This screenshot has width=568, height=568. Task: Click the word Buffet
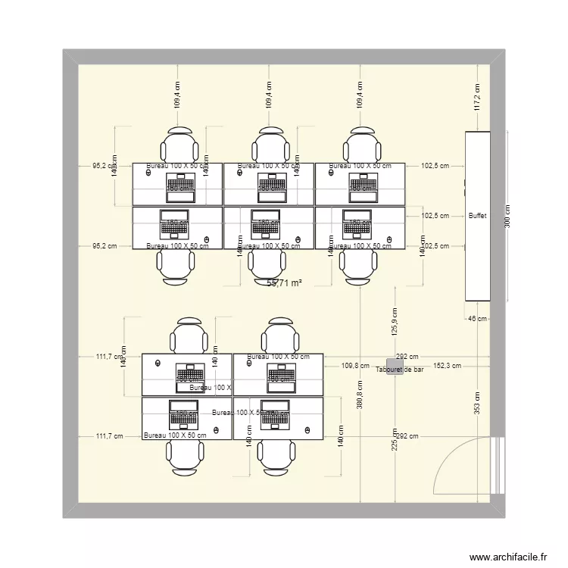(x=477, y=216)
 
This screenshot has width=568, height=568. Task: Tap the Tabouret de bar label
(x=399, y=370)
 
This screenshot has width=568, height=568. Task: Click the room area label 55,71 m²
(x=285, y=282)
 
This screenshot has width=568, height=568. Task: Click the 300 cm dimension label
(x=507, y=217)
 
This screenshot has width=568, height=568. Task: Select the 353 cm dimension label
(x=477, y=402)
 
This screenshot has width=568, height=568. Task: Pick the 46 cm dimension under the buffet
(x=476, y=320)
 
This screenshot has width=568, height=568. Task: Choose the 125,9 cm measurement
(x=395, y=321)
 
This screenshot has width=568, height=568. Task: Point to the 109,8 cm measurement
(x=355, y=365)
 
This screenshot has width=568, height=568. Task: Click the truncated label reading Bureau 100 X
(x=211, y=388)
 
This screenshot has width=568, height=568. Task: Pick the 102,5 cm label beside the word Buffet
(x=435, y=216)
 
